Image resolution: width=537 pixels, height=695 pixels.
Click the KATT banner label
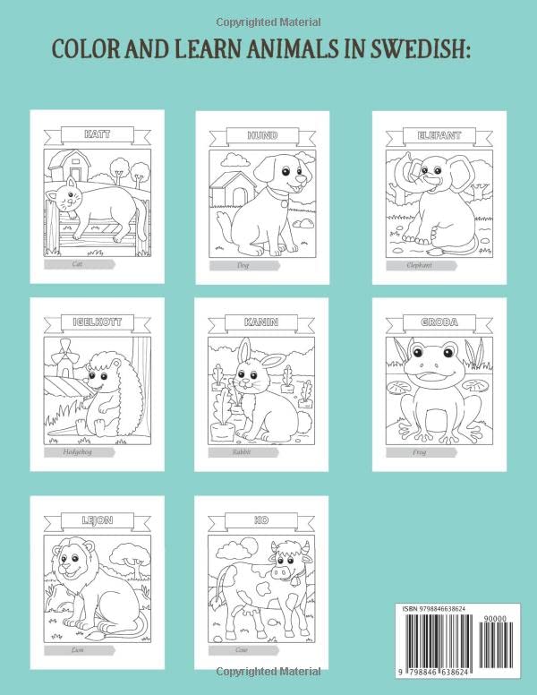[x=98, y=135]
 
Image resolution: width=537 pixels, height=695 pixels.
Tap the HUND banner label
[x=262, y=135]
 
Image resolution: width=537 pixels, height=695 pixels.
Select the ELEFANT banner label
[x=427, y=135]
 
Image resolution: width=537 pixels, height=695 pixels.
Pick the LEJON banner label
[x=98, y=519]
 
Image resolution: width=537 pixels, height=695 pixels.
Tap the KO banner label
[x=262, y=519]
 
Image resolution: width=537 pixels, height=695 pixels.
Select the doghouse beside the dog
[x=231, y=191]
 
